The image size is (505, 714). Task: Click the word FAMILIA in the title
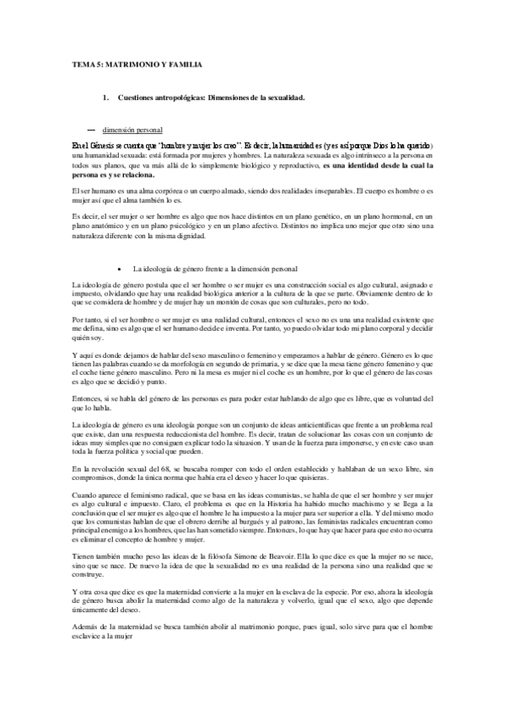tap(183, 63)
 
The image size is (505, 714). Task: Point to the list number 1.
tap(104, 98)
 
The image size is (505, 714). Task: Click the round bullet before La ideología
tap(122, 268)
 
